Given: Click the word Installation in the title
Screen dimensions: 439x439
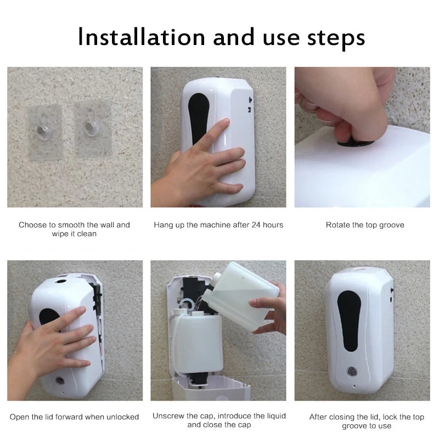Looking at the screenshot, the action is tap(142, 37).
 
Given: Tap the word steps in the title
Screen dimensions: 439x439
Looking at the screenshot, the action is tap(336, 39).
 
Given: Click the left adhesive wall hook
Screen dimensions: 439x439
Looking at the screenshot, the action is tap(44, 131).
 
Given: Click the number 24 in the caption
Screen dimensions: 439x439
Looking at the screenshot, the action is tap(256, 225).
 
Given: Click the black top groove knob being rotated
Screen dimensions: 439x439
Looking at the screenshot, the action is tap(356, 143).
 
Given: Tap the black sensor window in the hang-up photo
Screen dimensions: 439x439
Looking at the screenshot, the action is tap(198, 118).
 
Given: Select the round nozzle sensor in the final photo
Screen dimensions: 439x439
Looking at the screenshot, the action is tap(352, 372).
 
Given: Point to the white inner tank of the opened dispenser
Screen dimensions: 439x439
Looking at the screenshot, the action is tap(198, 341).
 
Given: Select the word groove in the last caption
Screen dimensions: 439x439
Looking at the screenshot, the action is tap(354, 426).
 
